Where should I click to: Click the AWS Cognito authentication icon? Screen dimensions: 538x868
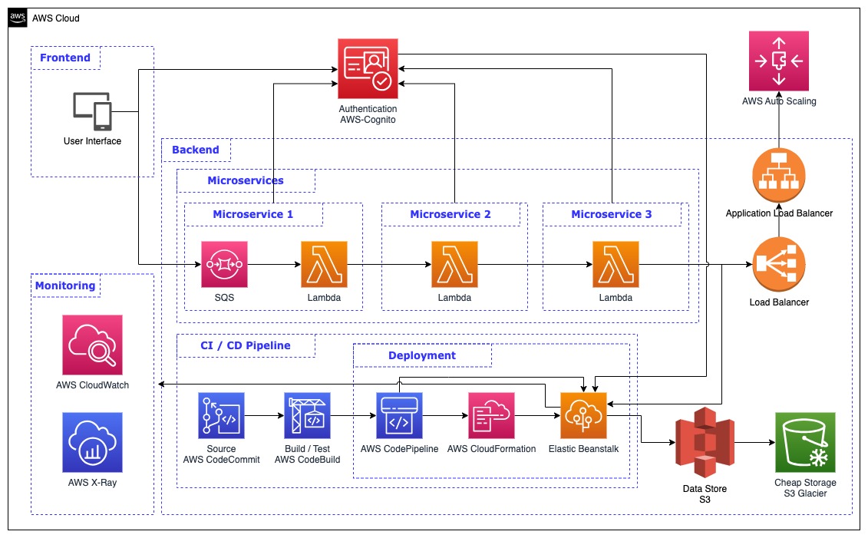[368, 69]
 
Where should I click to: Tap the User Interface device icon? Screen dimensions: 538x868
[92, 111]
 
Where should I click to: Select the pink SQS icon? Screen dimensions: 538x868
[224, 265]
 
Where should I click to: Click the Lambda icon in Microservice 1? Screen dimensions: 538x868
[324, 265]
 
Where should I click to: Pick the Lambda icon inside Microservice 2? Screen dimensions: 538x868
[454, 265]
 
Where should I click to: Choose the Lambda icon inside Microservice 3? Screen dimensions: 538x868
[616, 265]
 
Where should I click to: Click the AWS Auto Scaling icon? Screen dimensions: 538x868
[779, 61]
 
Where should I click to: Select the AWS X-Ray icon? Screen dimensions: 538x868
[92, 443]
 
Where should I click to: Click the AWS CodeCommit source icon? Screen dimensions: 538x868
[221, 415]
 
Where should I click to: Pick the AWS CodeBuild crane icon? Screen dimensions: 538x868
[307, 415]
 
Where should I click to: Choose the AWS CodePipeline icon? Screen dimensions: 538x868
[399, 415]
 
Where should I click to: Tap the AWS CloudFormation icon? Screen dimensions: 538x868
[491, 415]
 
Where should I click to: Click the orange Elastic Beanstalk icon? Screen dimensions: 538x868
[583, 415]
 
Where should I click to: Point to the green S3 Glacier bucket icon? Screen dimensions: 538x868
[805, 443]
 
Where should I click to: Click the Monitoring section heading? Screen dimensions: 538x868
[65, 286]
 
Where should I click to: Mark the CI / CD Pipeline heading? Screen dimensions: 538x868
[246, 345]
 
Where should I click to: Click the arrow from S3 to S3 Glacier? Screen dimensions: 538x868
[752, 443]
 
